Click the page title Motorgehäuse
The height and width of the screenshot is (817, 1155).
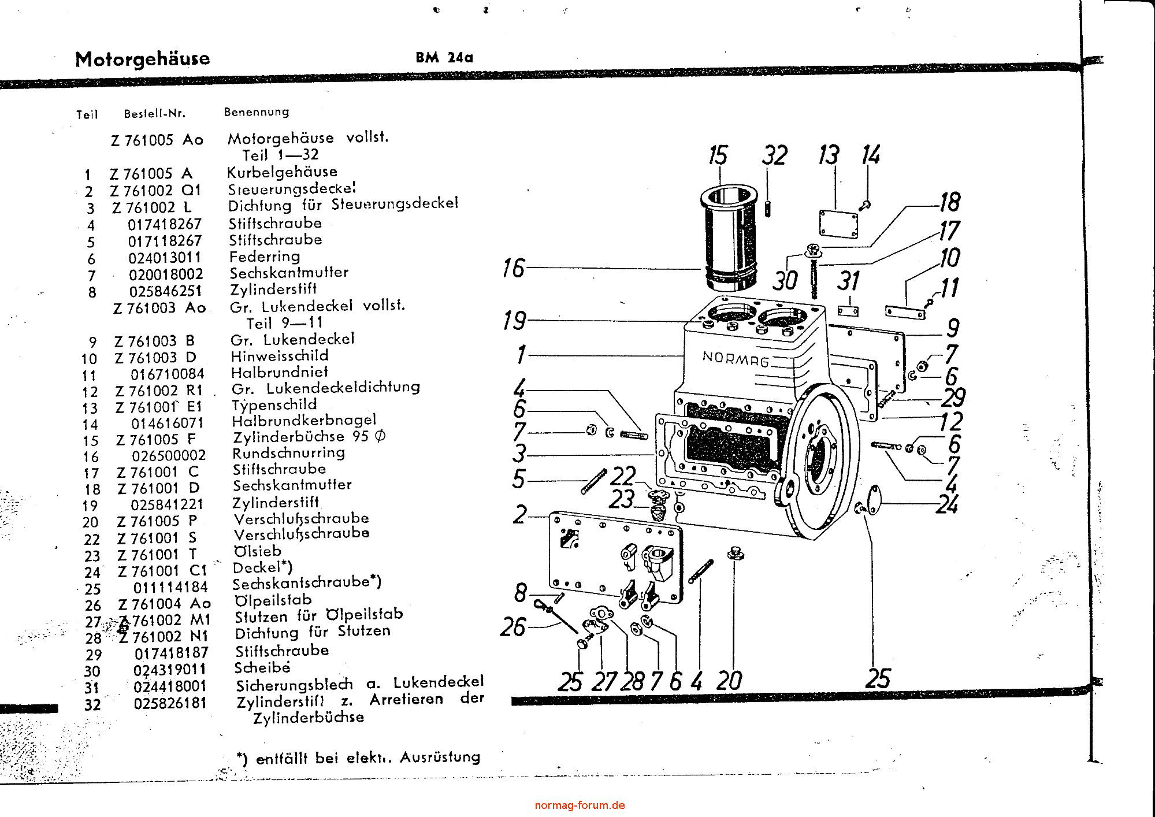[142, 59]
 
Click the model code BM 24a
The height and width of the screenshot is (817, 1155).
[444, 57]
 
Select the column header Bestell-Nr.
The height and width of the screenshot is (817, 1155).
[154, 114]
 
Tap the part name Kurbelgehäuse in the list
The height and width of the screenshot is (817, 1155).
[282, 172]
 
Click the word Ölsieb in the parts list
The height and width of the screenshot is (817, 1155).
[257, 551]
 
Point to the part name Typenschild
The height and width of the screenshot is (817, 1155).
[274, 404]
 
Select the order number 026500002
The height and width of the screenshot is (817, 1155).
[169, 456]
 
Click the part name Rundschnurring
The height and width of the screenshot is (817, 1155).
[289, 453]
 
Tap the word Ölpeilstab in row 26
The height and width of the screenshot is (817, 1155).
[273, 600]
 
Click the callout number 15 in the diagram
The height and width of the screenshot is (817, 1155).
[718, 156]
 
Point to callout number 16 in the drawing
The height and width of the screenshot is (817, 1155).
[514, 268]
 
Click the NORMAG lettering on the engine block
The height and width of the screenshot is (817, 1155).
[736, 359]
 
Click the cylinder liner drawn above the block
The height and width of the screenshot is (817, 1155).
[727, 240]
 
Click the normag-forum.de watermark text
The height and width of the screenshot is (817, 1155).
[580, 805]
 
